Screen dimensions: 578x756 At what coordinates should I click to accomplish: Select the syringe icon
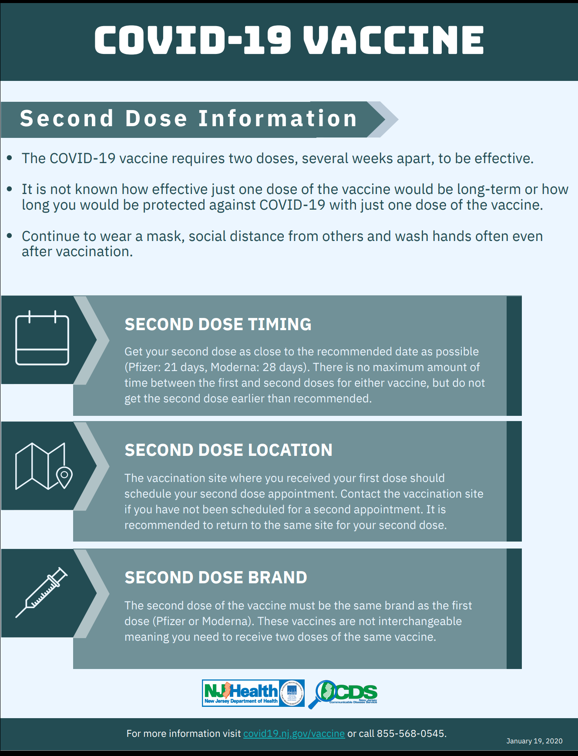[x=41, y=592]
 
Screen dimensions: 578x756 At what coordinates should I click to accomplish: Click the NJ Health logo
[x=253, y=693]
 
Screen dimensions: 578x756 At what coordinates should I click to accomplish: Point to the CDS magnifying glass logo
[x=343, y=694]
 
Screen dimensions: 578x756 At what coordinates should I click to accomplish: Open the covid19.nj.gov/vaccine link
[x=294, y=733]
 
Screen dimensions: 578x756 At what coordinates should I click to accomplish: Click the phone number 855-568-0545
[x=410, y=733]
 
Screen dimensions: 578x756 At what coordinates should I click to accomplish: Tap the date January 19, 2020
[x=534, y=741]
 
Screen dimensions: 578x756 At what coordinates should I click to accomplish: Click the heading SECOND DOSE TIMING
[x=218, y=324]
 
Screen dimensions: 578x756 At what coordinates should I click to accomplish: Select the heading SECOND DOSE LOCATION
[x=229, y=450]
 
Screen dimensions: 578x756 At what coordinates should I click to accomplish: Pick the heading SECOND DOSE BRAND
[x=216, y=577]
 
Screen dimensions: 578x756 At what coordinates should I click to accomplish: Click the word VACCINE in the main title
[x=393, y=40]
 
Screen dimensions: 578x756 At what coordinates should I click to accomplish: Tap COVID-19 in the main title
[x=193, y=40]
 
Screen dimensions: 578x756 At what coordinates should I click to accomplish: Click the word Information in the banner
[x=278, y=119]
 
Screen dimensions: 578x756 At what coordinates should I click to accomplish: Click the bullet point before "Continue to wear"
[x=10, y=235]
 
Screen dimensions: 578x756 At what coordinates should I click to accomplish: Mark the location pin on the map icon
[x=65, y=477]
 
